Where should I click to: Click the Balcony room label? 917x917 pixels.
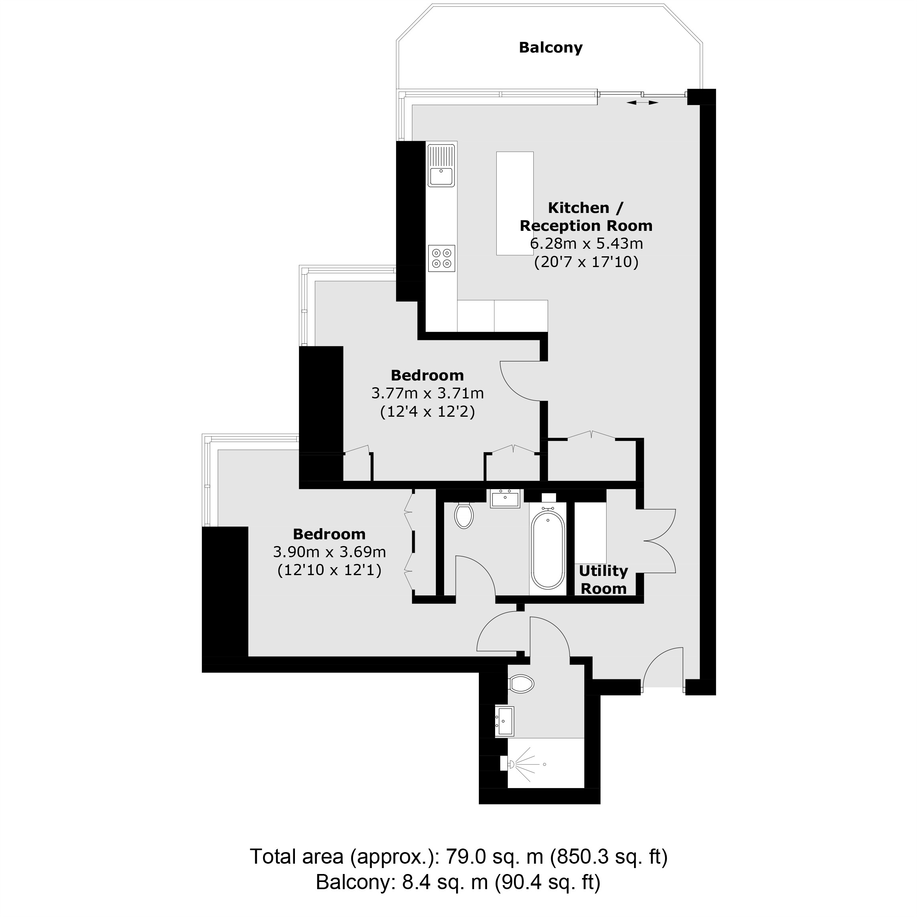pyautogui.click(x=550, y=48)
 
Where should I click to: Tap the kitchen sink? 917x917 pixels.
pyautogui.click(x=441, y=165)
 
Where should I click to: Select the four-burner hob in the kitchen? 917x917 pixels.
pyautogui.click(x=441, y=258)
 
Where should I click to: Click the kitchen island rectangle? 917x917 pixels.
pyautogui.click(x=515, y=203)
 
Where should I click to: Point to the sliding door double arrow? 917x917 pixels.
pyautogui.click(x=642, y=102)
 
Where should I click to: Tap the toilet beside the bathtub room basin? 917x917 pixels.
pyautogui.click(x=464, y=515)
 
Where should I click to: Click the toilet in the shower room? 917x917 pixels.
pyautogui.click(x=521, y=684)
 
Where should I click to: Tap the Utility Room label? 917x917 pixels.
pyautogui.click(x=603, y=579)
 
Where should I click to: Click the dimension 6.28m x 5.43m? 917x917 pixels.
pyautogui.click(x=586, y=244)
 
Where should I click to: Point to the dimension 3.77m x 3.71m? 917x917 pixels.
pyautogui.click(x=427, y=393)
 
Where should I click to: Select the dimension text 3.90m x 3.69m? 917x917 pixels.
pyautogui.click(x=330, y=552)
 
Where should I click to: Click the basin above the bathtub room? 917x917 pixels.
pyautogui.click(x=505, y=498)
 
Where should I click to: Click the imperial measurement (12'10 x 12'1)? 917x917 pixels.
pyautogui.click(x=330, y=570)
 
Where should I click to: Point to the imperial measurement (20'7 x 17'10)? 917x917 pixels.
pyautogui.click(x=586, y=262)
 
